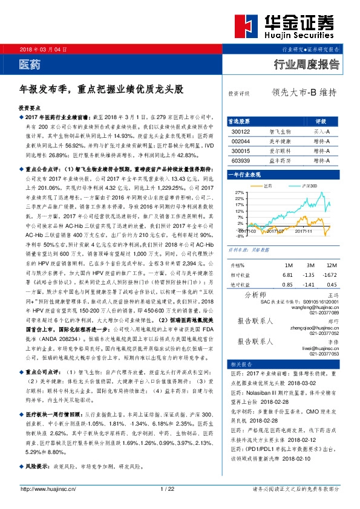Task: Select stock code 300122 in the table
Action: (x=241, y=131)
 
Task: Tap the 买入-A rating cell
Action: (x=321, y=131)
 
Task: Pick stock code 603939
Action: (x=241, y=161)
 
